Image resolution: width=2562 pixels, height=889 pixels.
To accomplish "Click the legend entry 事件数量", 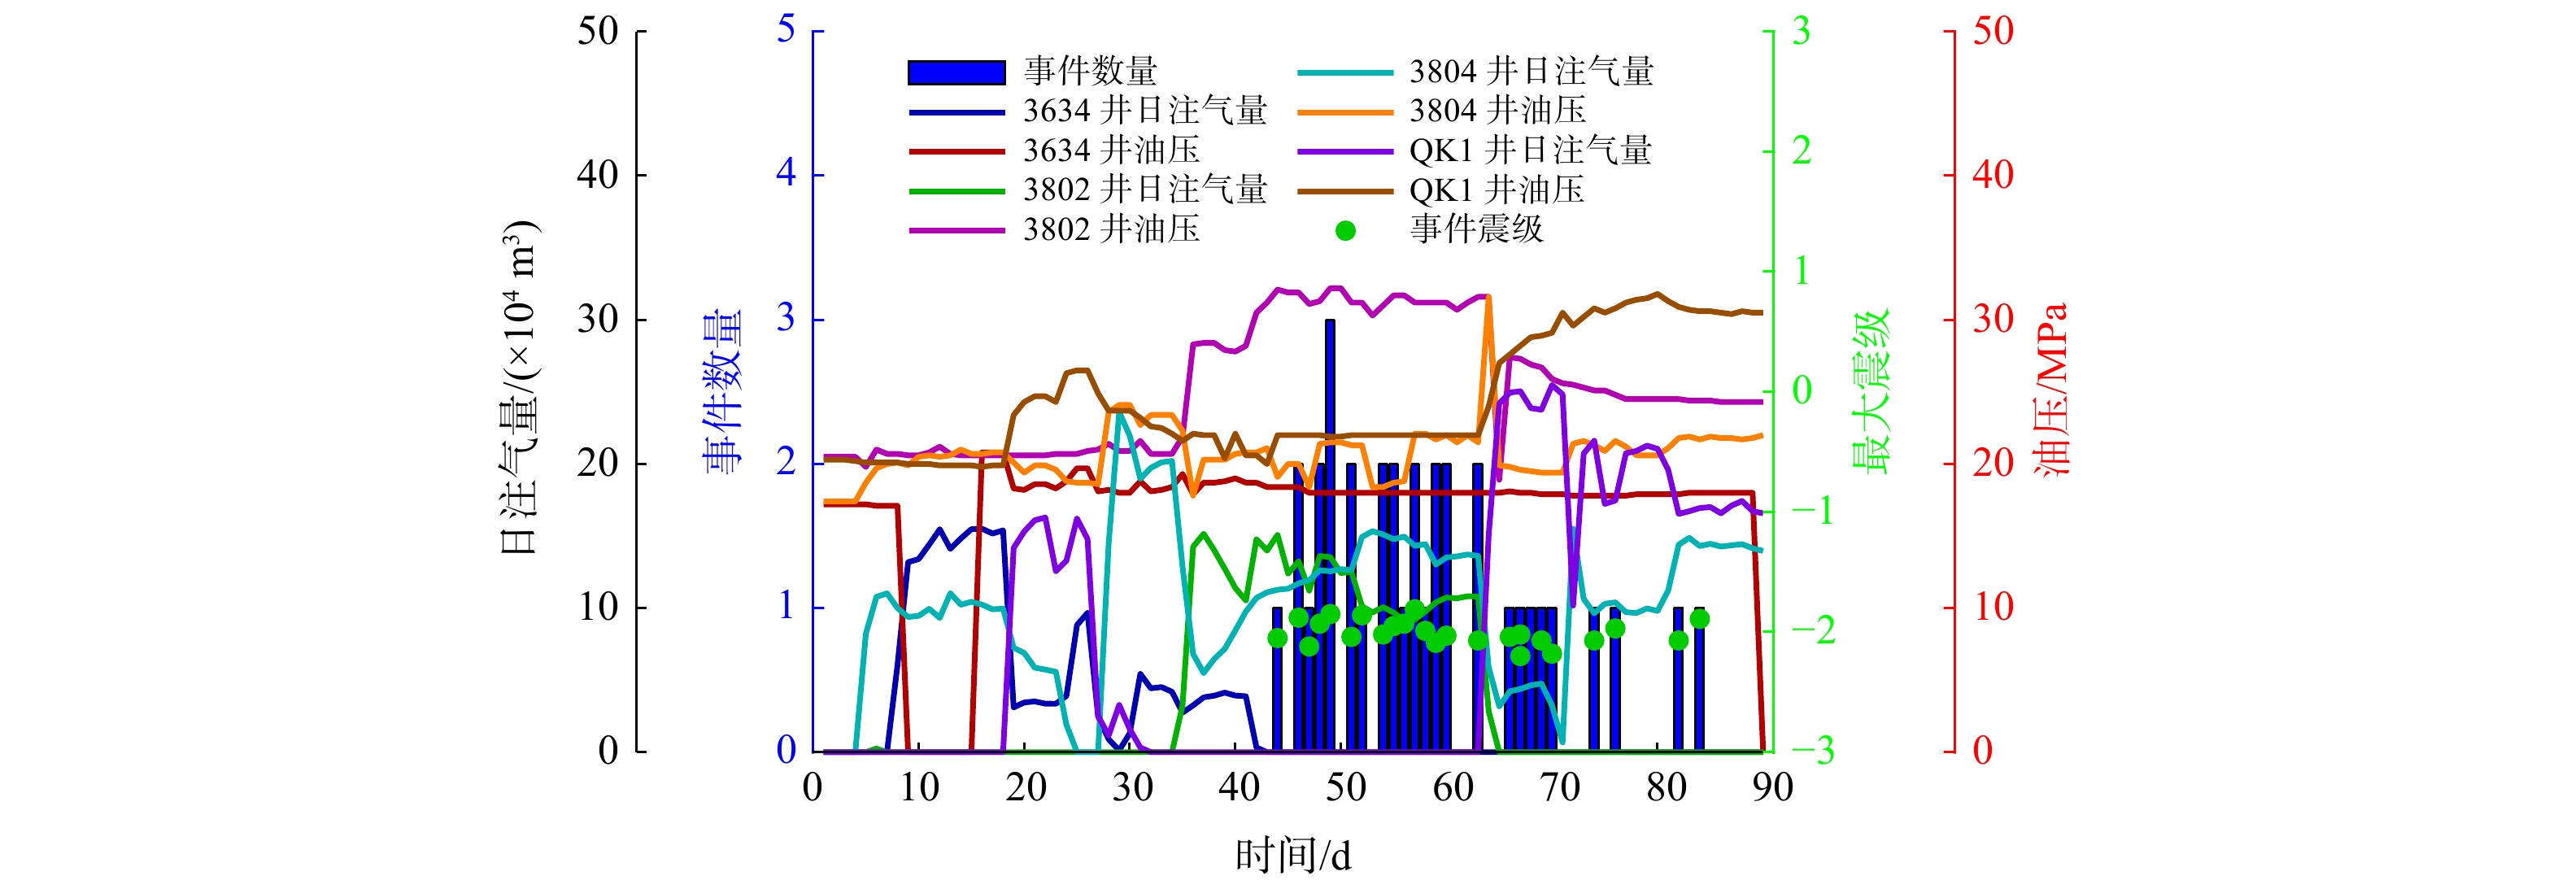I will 1090,72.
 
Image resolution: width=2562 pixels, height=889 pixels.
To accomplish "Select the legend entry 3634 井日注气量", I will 1144,111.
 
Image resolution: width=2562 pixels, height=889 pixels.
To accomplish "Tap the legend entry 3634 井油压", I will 1111,150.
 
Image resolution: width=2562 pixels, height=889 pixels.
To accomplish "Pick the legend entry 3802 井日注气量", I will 1144,190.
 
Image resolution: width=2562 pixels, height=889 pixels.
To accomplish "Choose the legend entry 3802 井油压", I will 1111,229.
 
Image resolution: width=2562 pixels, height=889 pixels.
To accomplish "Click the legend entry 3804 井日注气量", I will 1531,72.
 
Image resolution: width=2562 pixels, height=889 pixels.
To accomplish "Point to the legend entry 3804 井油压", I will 1497,111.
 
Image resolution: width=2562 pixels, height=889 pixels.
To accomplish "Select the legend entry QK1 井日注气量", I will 1530,150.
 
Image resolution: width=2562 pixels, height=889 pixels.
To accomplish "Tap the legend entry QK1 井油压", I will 1496,190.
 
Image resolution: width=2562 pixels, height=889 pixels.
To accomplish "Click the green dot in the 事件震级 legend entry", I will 1345,231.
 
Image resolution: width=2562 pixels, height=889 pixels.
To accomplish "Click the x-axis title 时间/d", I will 1293,855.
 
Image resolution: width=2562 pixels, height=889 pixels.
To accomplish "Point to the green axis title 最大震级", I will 1871,392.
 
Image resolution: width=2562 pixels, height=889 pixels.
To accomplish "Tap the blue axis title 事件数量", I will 722,392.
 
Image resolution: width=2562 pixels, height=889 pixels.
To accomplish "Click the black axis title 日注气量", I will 519,388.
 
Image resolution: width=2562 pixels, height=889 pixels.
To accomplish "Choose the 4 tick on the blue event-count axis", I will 786,174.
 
